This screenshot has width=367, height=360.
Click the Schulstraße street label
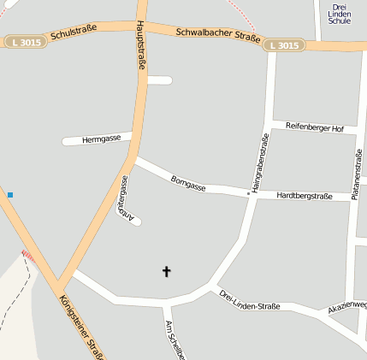point(74,33)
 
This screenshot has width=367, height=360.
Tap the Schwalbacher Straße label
point(217,35)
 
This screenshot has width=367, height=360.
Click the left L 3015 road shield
point(26,41)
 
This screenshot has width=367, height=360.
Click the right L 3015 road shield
point(282,45)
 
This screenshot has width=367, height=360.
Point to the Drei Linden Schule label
point(340,14)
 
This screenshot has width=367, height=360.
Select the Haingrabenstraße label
point(256,162)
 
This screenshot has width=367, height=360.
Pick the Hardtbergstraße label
point(305,197)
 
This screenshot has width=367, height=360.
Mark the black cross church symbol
point(167,272)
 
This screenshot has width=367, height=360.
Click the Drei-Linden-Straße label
point(249,299)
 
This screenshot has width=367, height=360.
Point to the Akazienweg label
point(346,306)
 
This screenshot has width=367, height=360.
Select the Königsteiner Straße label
point(81,325)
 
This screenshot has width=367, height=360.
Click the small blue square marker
point(10,195)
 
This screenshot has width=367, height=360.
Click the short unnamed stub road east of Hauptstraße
point(160,80)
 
